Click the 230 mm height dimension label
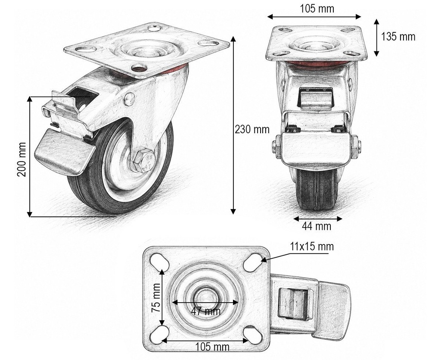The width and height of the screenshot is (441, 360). [252, 129]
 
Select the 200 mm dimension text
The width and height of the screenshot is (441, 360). [22, 160]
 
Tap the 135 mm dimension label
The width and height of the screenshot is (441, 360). [398, 37]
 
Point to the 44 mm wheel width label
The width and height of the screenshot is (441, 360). [317, 226]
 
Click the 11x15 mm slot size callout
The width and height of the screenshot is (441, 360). [312, 247]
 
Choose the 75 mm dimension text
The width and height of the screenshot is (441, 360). [156, 298]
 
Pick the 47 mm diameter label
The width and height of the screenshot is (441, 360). [206, 311]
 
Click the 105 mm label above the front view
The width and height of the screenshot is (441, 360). [317, 9]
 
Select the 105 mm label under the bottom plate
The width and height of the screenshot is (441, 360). [212, 347]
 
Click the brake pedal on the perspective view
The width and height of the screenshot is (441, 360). [64, 152]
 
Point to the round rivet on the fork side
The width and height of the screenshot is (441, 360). [129, 99]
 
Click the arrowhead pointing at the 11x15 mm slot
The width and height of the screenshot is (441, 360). [264, 260]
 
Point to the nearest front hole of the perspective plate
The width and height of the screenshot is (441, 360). [139, 68]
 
